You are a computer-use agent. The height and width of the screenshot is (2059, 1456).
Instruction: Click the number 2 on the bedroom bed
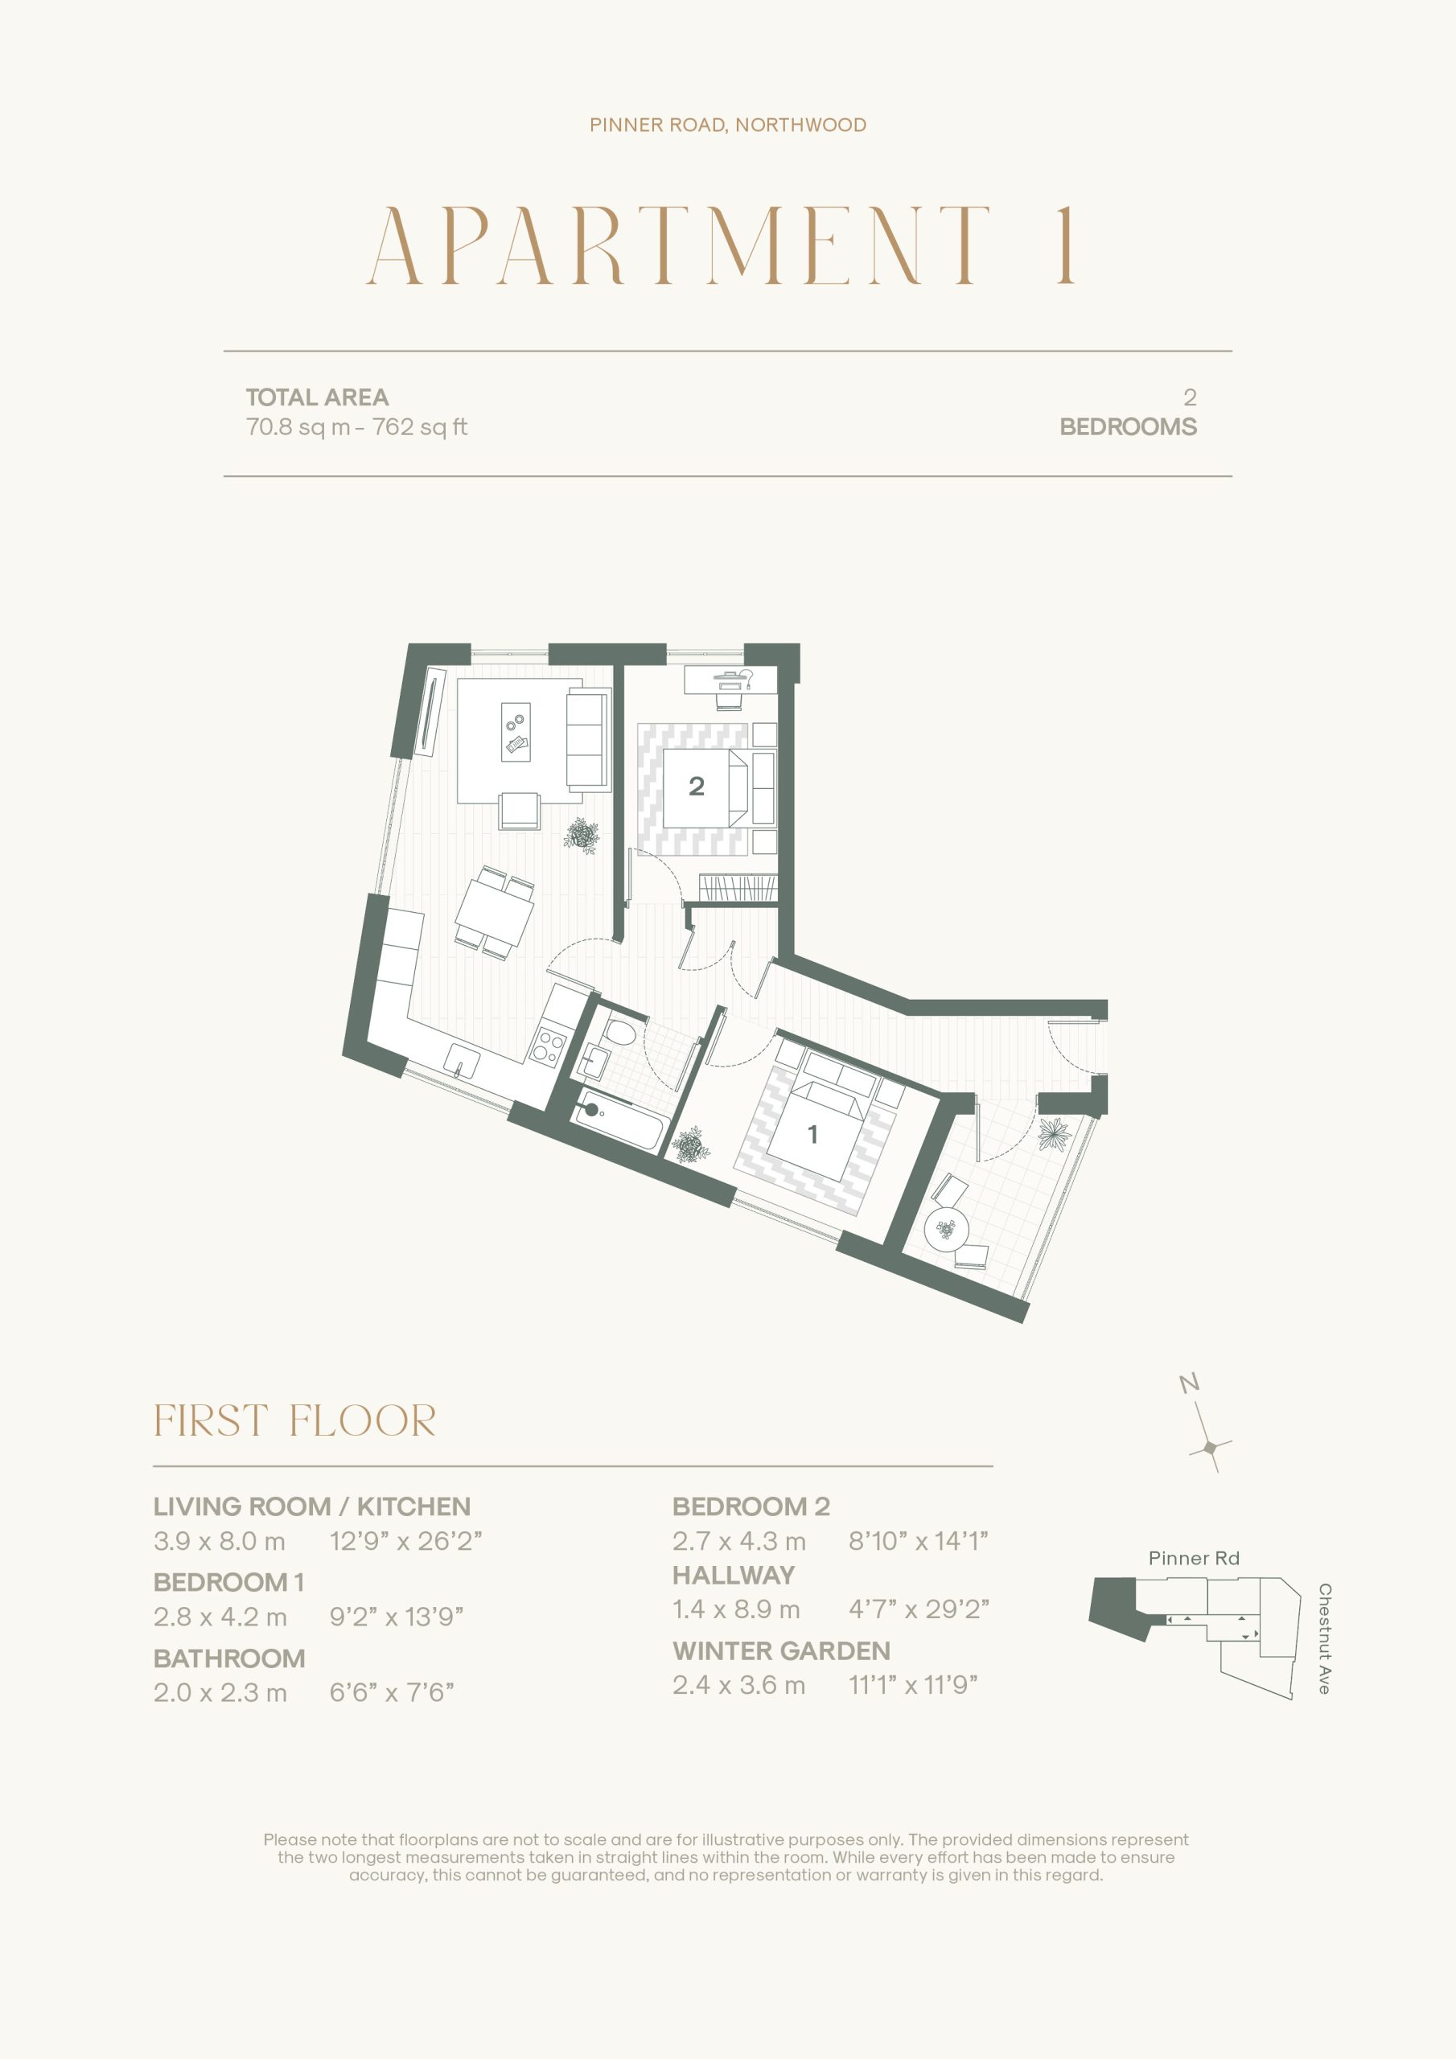pyautogui.click(x=696, y=787)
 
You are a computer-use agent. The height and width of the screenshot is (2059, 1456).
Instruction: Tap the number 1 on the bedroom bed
pyautogui.click(x=812, y=1134)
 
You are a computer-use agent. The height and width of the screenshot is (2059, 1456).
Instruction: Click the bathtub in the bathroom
pyautogui.click(x=619, y=1121)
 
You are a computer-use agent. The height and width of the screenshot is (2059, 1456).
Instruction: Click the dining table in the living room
pyautogui.click(x=494, y=912)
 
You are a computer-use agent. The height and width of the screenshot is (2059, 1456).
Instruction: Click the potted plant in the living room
pyautogui.click(x=582, y=835)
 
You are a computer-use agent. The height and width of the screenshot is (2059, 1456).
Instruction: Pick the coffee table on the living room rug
pyautogui.click(x=516, y=731)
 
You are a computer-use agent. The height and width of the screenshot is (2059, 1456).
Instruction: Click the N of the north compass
pyautogui.click(x=1190, y=1383)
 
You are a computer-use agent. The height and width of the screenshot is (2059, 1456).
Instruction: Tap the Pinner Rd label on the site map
pyautogui.click(x=1193, y=1559)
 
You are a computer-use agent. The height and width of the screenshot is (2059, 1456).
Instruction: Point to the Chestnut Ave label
pyautogui.click(x=1324, y=1638)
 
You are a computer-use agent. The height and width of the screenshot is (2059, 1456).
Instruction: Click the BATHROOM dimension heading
pyautogui.click(x=229, y=1658)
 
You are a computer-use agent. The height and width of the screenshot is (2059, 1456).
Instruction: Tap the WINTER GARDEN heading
pyautogui.click(x=781, y=1651)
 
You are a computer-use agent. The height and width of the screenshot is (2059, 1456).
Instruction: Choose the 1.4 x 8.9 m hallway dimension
pyautogui.click(x=737, y=1609)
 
